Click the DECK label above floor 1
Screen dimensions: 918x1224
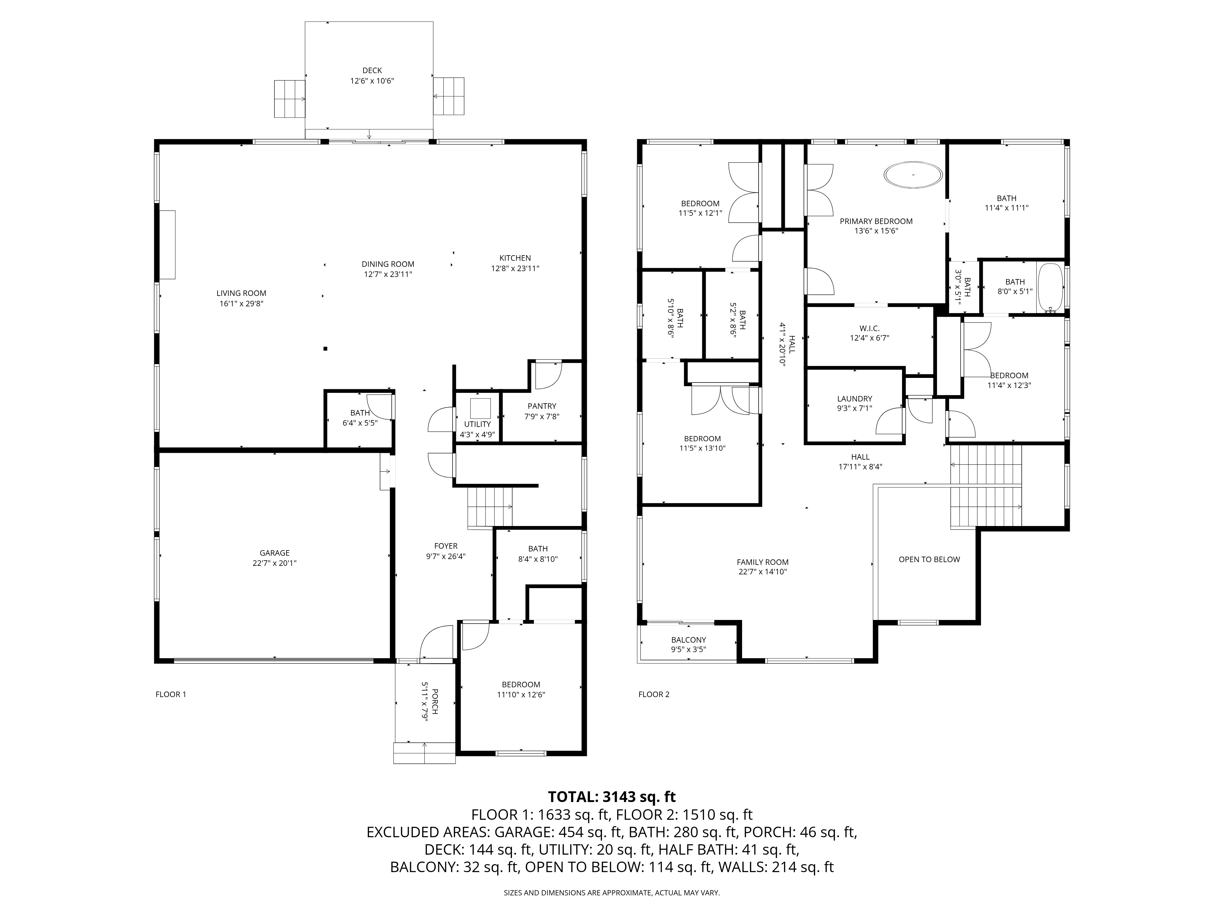[x=372, y=70]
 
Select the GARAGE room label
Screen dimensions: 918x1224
[x=274, y=553]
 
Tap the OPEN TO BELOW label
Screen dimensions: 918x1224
[x=929, y=559]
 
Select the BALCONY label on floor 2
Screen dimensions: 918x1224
[x=688, y=640]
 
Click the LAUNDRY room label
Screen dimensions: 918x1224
[x=854, y=398]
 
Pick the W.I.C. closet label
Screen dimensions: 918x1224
[x=869, y=328]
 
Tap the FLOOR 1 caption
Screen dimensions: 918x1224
[x=170, y=694]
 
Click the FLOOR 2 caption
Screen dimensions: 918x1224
[x=654, y=694]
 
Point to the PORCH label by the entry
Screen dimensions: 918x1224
[x=435, y=700]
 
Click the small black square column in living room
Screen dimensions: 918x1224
[x=325, y=349]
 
